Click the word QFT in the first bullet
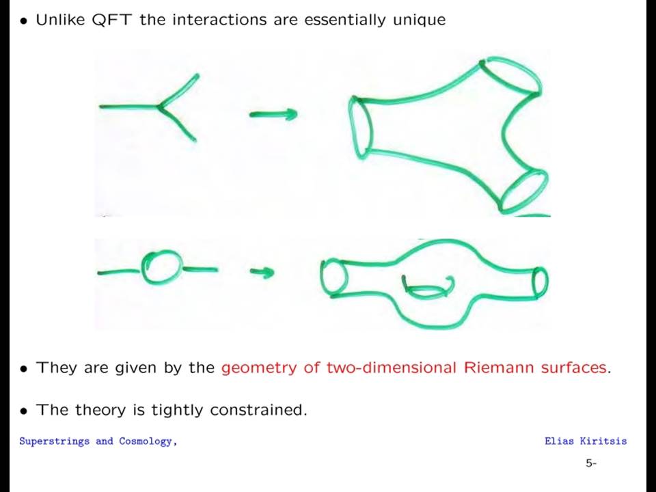[x=111, y=20]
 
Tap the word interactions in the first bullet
[x=219, y=20]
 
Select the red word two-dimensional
[x=391, y=368]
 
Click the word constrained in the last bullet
[x=258, y=409]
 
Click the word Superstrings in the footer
[x=55, y=441]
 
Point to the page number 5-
[x=590, y=463]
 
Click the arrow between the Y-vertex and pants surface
[x=273, y=114]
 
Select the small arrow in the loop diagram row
[x=262, y=273]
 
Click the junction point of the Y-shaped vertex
[x=159, y=107]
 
